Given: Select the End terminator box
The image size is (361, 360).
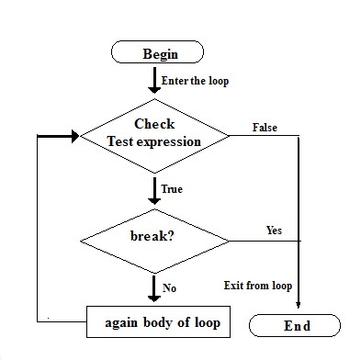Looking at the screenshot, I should tap(297, 325).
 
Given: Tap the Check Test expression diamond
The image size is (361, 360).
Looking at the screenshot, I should tap(154, 134).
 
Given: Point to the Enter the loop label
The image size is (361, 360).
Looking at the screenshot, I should tap(195, 81).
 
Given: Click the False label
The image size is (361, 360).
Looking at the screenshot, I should tap(265, 128).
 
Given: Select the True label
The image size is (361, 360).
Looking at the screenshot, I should tap(172, 189).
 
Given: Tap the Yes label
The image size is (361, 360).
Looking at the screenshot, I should tap(274, 229).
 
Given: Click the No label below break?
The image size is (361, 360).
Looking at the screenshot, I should tap(169, 287).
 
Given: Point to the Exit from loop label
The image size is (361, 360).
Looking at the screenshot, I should tap(257, 286).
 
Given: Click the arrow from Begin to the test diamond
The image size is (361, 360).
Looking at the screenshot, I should tap(153, 80).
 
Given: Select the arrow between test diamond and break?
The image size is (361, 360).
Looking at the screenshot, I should tap(153, 190).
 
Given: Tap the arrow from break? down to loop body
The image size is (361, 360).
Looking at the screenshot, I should tap(153, 288).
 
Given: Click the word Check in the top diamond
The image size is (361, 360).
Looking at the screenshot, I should tap(154, 124).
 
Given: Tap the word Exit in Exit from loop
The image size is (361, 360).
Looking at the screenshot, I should tap(233, 286).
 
